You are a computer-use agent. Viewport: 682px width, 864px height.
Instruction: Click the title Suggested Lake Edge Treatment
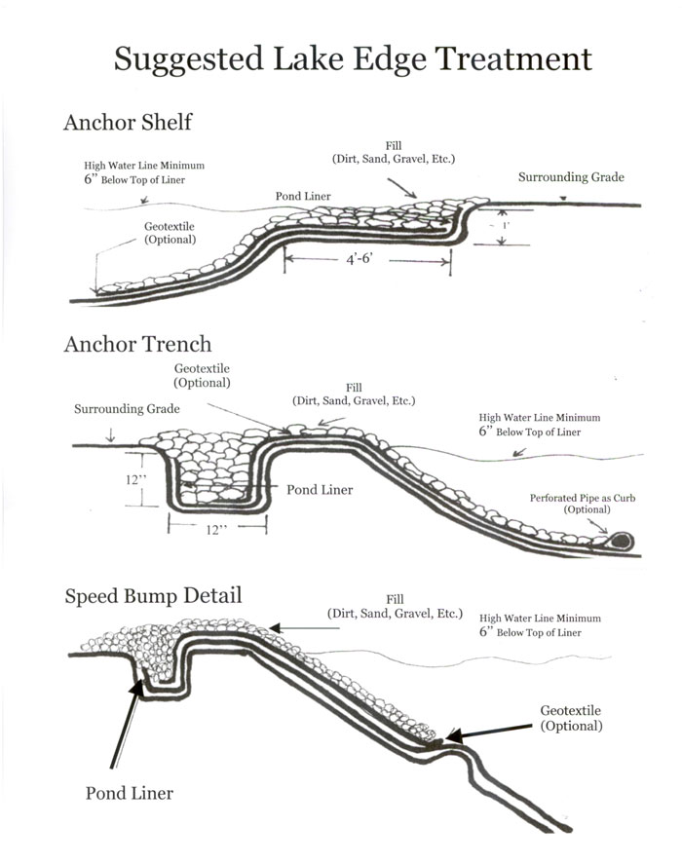(353, 59)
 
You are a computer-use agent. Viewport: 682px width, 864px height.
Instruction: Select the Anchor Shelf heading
(128, 122)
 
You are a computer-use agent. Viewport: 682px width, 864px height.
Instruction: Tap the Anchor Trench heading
(137, 344)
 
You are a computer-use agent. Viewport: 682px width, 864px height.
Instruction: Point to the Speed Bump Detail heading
(153, 596)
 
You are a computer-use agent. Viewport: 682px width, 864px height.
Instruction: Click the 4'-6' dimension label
(360, 258)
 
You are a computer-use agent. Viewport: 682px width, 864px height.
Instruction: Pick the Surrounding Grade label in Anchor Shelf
(571, 177)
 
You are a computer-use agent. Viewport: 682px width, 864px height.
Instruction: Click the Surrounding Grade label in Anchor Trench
(127, 408)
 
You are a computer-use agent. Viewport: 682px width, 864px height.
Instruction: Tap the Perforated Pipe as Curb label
(583, 504)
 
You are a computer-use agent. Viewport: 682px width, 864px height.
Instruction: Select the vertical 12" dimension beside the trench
(135, 480)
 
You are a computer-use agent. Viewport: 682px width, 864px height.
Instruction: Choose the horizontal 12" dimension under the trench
(216, 530)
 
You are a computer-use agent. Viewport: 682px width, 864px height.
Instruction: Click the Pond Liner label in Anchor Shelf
(303, 196)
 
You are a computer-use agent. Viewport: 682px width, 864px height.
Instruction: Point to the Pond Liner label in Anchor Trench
(320, 490)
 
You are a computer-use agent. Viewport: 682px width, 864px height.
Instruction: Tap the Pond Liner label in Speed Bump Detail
(130, 793)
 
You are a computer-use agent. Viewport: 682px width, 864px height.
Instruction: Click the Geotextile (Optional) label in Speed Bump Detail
(571, 718)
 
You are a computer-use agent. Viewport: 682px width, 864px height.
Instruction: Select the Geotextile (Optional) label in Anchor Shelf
(170, 233)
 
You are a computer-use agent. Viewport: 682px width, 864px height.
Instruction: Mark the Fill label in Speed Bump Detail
(395, 606)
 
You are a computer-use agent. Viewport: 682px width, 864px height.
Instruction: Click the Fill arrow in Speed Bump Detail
(305, 628)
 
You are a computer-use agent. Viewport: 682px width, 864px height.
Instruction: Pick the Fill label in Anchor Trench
(354, 394)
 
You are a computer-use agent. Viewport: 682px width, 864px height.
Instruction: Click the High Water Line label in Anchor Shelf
(144, 172)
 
